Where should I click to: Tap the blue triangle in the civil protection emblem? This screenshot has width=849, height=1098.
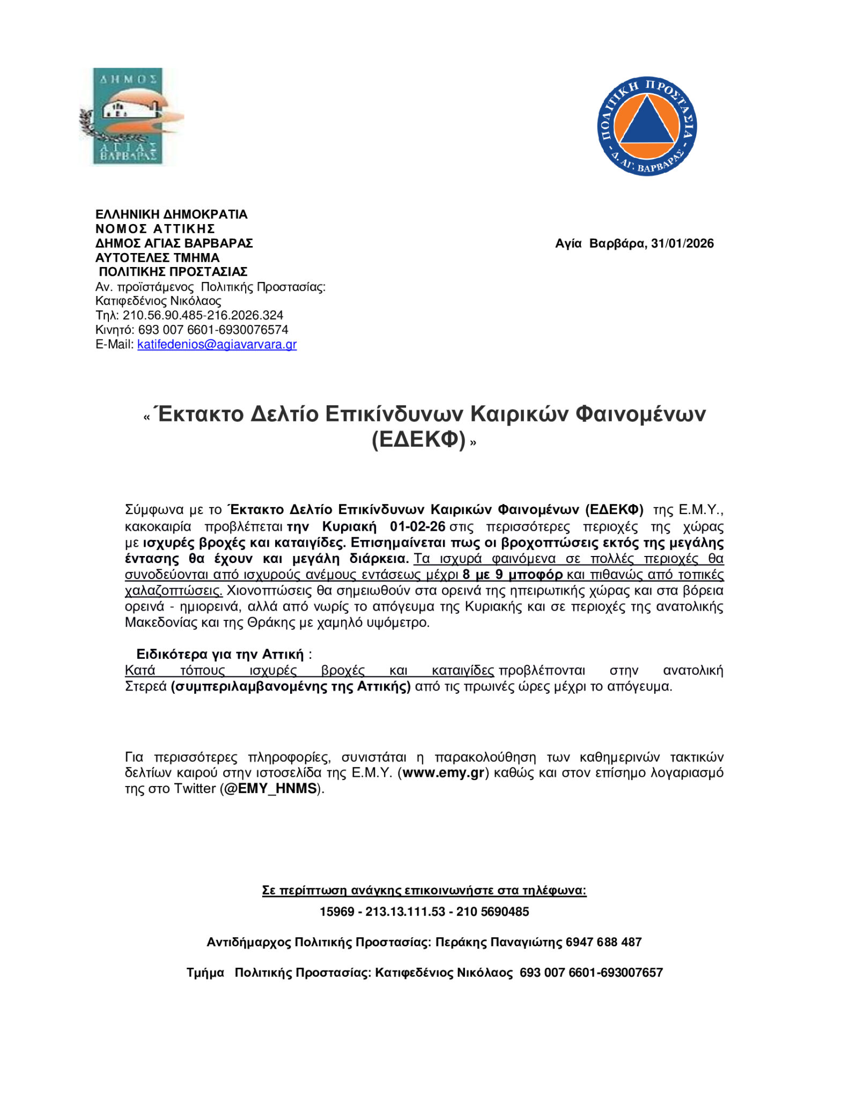click(x=647, y=122)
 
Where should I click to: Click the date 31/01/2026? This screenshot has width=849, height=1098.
click(x=682, y=243)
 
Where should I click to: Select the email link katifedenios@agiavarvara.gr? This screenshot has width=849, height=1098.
click(x=217, y=344)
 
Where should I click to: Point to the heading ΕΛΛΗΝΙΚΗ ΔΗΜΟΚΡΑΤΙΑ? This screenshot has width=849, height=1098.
click(x=171, y=214)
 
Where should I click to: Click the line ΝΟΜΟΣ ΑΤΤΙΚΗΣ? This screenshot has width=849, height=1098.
click(x=155, y=229)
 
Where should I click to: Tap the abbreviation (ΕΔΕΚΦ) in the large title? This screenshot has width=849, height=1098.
click(x=418, y=440)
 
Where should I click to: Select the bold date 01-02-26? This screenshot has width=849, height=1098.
click(x=417, y=526)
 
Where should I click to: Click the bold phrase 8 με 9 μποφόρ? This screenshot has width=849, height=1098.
click(x=512, y=575)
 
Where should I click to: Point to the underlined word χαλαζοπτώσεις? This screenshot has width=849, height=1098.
click(x=173, y=591)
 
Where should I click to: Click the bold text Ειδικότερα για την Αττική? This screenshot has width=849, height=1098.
click(x=220, y=654)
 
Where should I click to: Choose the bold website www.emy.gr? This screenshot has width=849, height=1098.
click(x=444, y=773)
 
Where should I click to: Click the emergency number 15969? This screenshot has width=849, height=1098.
click(x=337, y=911)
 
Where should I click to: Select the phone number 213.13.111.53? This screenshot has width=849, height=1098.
click(x=405, y=911)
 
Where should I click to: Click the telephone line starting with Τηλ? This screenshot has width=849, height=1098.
click(x=189, y=315)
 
